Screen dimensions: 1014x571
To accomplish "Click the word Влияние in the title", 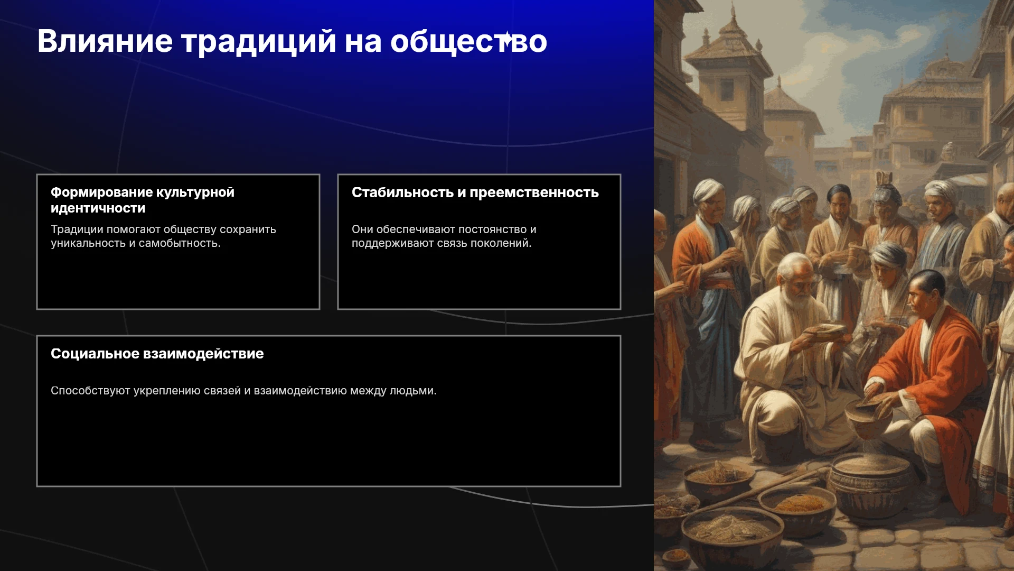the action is tap(105, 41).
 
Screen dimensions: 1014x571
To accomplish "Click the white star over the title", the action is tap(506, 39).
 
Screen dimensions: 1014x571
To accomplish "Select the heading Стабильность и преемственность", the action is tap(475, 192).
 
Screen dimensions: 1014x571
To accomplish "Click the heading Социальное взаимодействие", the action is tap(157, 354).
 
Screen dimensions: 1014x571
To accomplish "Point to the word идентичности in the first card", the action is tap(98, 208).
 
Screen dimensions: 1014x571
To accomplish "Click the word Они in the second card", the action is tap(362, 229).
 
